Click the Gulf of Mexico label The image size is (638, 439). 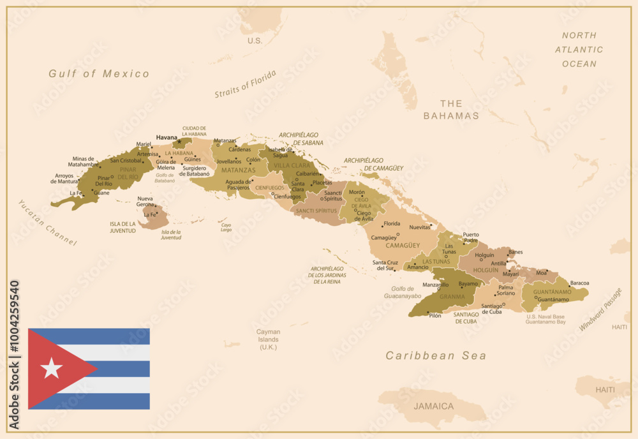point(99,74)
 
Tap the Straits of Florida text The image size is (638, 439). point(246,84)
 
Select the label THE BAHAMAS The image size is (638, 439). point(451,110)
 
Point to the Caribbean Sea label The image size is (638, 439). point(436,356)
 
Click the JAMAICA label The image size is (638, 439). point(433,406)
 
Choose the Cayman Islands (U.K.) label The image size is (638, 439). point(268,339)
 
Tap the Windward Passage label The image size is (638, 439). point(600,309)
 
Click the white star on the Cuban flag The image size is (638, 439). point(51,368)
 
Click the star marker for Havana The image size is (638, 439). point(180,141)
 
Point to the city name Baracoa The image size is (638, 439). point(579,283)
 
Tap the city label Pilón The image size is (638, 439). point(434,316)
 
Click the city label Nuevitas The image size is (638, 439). point(419,227)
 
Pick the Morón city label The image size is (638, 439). point(357,192)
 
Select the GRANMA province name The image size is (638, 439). point(452,296)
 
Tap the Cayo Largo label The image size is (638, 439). point(226,227)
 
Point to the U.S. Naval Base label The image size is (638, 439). point(545,316)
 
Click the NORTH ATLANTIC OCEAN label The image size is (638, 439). point(579,50)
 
